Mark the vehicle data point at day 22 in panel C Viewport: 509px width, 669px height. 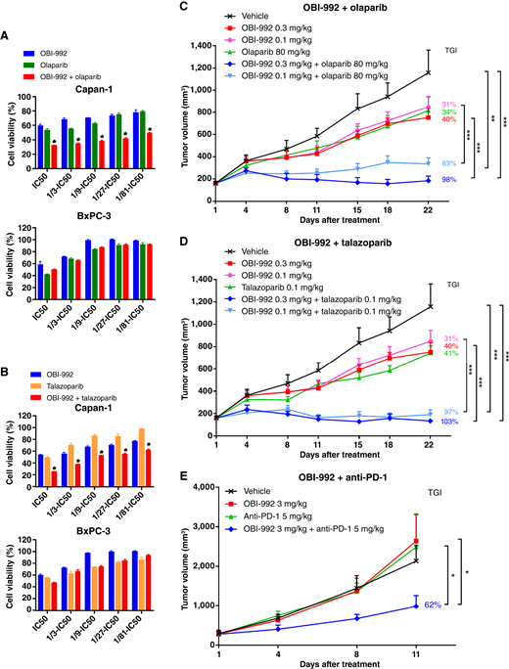pyautogui.click(x=429, y=71)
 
